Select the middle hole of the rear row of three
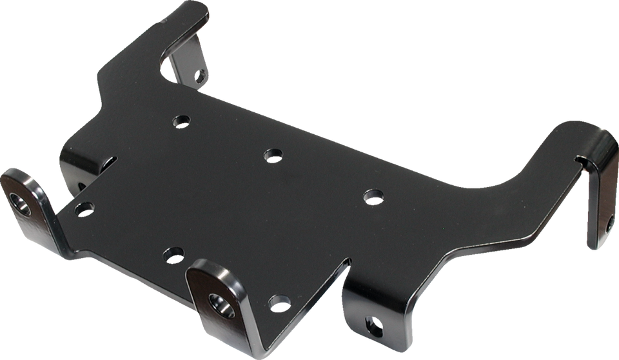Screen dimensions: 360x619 click(272, 154)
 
